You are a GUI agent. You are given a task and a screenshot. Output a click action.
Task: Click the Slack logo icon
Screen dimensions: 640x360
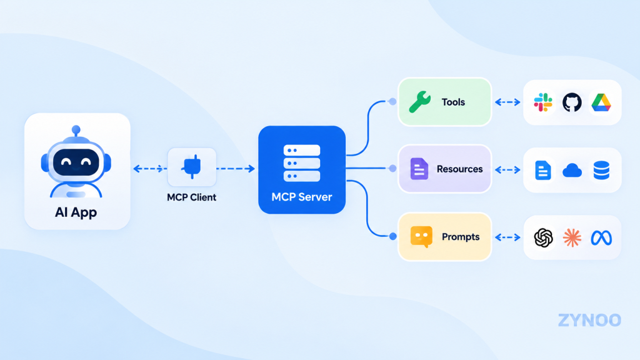coord(543,102)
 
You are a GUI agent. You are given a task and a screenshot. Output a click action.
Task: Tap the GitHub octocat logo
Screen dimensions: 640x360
coord(572,102)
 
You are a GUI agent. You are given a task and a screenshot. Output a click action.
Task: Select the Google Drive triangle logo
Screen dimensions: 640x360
coord(601,102)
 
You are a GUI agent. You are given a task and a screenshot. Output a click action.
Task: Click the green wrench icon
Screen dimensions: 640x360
coord(419,102)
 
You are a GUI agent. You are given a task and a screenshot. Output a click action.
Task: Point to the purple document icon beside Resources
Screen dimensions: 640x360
coord(419,169)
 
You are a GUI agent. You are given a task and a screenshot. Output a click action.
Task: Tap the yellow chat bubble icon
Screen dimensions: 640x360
coord(421,237)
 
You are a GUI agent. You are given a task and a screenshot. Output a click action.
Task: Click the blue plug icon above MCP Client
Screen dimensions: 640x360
coord(192,166)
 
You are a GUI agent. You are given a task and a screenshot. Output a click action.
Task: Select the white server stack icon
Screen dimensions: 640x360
coord(302,163)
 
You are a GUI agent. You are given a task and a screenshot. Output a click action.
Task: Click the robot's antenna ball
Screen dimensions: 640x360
coord(76,130)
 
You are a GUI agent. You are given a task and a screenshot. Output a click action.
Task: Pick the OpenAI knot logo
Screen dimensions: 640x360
coord(543,237)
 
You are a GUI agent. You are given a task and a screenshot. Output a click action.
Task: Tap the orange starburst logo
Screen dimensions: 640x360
coord(572,237)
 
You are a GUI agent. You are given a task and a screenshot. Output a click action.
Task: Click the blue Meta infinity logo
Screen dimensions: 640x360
coord(601,238)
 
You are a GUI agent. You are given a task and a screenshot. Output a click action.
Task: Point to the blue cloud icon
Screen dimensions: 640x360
coord(572,170)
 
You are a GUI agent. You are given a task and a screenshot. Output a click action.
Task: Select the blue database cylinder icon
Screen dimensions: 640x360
coord(601,170)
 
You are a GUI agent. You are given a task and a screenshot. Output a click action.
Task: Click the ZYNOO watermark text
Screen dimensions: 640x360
coord(589,321)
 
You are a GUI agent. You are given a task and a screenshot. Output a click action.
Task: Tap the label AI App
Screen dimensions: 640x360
coord(76,212)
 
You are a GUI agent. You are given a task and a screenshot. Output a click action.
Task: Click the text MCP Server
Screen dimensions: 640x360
coord(302,197)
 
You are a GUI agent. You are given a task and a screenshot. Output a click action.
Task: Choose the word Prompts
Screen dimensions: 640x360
coord(461,237)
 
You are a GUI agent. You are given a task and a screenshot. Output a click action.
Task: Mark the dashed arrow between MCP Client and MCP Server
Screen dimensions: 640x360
coord(236,169)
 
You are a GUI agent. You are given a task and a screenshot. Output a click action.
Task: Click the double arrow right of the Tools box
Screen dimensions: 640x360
coord(507,102)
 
